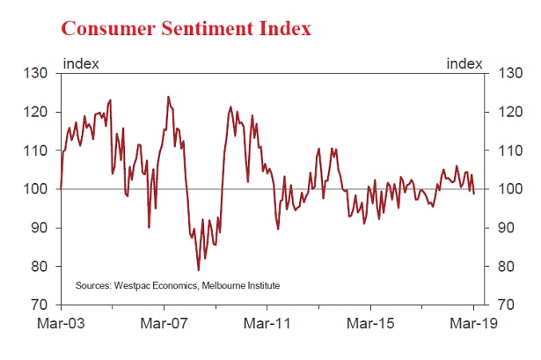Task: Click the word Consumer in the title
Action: tap(108, 28)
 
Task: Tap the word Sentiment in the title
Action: tap(208, 28)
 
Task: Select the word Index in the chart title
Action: tap(285, 28)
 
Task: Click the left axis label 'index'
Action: tap(81, 64)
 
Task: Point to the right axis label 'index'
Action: tap(464, 64)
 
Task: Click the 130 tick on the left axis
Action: tap(35, 73)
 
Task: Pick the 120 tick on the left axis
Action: tap(35, 112)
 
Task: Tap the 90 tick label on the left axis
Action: tap(39, 228)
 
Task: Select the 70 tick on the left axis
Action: tap(39, 305)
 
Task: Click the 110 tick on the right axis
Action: tap(510, 151)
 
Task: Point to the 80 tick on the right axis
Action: tap(507, 267)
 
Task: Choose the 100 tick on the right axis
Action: tap(510, 189)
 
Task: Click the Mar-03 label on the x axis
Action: tap(61, 323)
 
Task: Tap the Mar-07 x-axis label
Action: tap(164, 323)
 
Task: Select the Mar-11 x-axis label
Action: tap(267, 323)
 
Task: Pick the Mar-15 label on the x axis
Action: tap(370, 323)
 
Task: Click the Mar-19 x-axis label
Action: tap(474, 323)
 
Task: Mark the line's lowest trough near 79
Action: tap(199, 270)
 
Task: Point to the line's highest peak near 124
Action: tap(168, 97)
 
